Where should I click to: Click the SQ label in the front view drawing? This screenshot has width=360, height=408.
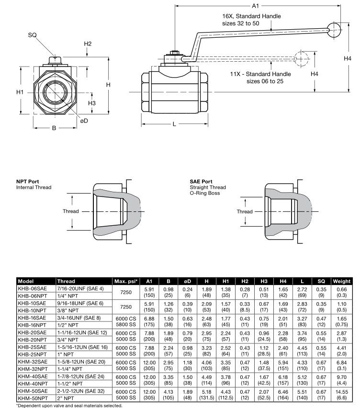[x=33, y=35]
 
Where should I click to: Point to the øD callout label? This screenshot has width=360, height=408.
[x=84, y=121]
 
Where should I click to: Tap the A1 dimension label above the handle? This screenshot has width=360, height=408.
[x=255, y=6]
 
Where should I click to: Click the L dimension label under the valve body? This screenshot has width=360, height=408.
[x=174, y=124]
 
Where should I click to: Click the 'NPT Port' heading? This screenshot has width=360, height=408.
[x=27, y=182]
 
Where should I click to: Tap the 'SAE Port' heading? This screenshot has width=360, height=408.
[x=202, y=182]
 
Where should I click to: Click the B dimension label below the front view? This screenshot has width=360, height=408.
[x=54, y=128]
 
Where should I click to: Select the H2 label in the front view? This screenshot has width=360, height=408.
[x=88, y=44]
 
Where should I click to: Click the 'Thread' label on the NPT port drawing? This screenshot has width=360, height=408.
[x=70, y=211]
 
